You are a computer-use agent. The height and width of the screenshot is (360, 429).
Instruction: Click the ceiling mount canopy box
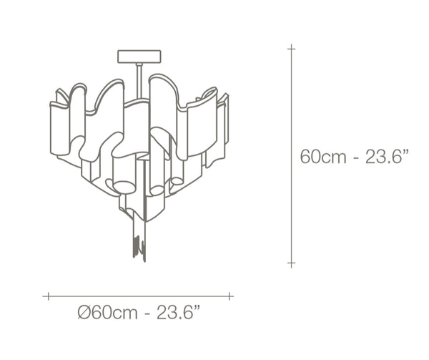tap(139, 57)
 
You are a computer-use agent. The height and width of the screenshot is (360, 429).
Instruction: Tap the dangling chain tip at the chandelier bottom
tap(139, 246)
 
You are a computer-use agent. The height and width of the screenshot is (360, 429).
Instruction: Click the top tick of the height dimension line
tap(292, 49)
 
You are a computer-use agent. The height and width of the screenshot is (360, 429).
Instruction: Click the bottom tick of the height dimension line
tap(292, 263)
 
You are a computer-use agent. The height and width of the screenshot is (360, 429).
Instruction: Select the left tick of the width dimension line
tap(49, 296)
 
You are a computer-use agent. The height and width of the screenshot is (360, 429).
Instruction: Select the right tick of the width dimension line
tap(230, 296)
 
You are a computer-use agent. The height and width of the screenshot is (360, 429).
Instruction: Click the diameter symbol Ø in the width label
tap(84, 313)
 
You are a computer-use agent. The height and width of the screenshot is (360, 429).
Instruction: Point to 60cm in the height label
tap(323, 157)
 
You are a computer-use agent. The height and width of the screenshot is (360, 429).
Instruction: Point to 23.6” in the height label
tap(387, 157)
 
